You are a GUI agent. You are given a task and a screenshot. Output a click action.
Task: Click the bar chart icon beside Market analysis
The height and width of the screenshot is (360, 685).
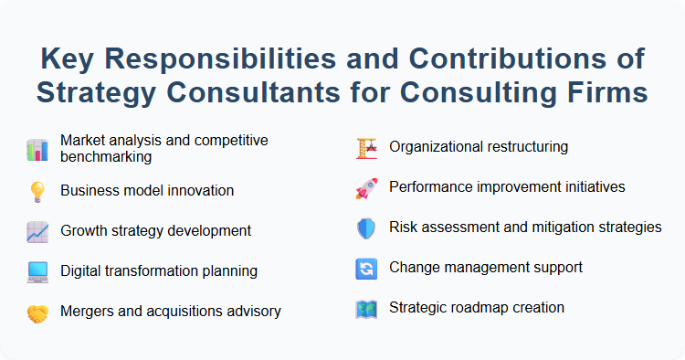coord(37,149)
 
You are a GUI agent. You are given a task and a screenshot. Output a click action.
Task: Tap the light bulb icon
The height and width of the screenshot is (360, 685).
coord(37,191)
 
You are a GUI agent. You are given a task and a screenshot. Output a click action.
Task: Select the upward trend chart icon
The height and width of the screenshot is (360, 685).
coord(37,231)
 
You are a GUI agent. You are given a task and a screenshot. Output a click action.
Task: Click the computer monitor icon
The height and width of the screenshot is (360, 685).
coord(37,271)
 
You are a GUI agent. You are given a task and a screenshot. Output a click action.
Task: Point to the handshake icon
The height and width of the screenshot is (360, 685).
coord(37,312)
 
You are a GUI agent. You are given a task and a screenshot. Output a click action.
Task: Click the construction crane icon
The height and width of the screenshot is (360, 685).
coord(366,146)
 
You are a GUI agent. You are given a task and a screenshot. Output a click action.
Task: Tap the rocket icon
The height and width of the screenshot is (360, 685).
coord(366,187)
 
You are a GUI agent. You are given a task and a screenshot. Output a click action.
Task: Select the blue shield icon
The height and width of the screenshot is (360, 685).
coord(366,228)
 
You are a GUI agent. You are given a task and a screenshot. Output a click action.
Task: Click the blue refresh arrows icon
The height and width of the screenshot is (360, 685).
coord(366,269)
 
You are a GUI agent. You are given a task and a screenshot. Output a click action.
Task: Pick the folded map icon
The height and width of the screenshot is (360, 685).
coord(366,309)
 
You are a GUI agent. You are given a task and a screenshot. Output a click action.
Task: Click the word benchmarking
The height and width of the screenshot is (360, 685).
coord(106,156)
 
